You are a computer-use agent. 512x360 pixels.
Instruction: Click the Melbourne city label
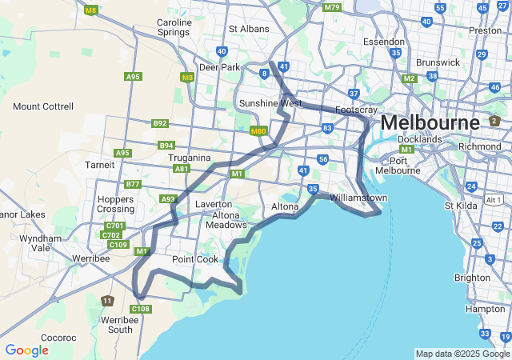click(x=430, y=122)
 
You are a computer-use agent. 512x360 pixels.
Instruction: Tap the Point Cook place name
click(x=194, y=259)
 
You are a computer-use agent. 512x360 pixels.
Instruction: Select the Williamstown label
click(x=358, y=197)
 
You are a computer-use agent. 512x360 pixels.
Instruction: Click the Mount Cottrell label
click(x=43, y=106)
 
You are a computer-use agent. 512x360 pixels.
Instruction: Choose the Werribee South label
click(x=109, y=324)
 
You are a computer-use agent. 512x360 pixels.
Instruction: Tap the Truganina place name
click(x=189, y=158)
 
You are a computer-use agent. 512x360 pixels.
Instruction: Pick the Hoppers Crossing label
click(x=115, y=203)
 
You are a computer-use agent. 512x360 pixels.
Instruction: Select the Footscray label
click(x=358, y=109)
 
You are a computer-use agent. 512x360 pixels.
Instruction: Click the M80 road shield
click(x=258, y=131)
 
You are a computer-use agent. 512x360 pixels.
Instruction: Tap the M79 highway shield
click(x=332, y=7)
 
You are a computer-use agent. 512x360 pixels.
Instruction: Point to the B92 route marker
click(x=160, y=123)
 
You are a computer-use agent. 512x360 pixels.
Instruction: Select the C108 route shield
click(x=141, y=309)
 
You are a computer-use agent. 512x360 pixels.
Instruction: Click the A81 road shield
click(x=181, y=169)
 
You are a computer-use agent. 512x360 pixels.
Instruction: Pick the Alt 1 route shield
click(x=494, y=199)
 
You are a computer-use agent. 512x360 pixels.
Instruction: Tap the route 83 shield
click(x=326, y=127)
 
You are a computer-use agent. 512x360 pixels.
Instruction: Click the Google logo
click(x=26, y=350)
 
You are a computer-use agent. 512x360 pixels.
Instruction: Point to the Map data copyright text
click(x=462, y=354)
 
